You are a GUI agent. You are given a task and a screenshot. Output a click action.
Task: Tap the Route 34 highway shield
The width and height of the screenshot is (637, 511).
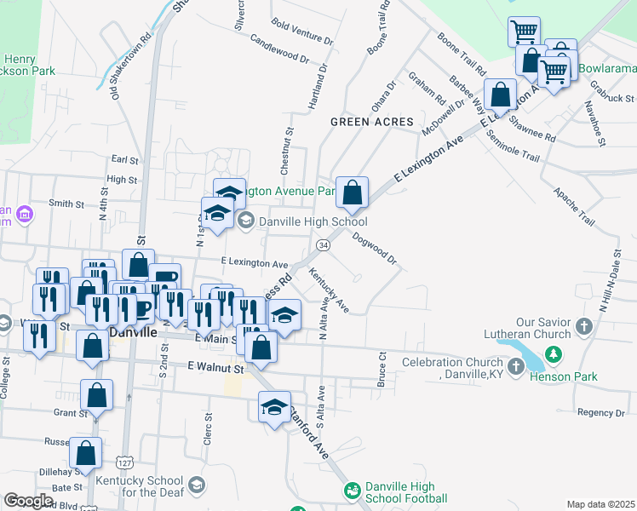[x=323, y=245]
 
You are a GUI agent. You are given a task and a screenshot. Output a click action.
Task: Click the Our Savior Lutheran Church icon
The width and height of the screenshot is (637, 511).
[x=583, y=326]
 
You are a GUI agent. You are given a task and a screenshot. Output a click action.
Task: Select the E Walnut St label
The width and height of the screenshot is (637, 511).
[x=215, y=368]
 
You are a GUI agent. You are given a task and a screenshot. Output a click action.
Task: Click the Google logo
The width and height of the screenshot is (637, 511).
[x=28, y=500]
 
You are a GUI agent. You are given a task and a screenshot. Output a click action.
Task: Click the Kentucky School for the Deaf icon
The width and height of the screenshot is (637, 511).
[x=197, y=485]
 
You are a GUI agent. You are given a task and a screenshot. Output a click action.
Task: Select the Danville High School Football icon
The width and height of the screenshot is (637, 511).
[x=351, y=491]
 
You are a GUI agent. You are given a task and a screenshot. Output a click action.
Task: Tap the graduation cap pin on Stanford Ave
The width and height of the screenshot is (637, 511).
[x=274, y=408]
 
